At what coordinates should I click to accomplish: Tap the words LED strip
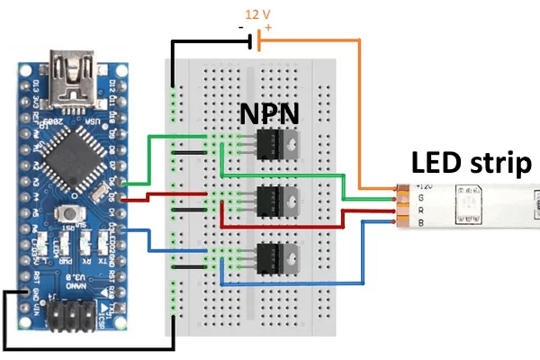pos(471,163)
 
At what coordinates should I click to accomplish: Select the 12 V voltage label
pos(256,14)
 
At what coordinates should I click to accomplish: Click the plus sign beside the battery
pos(268,28)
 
